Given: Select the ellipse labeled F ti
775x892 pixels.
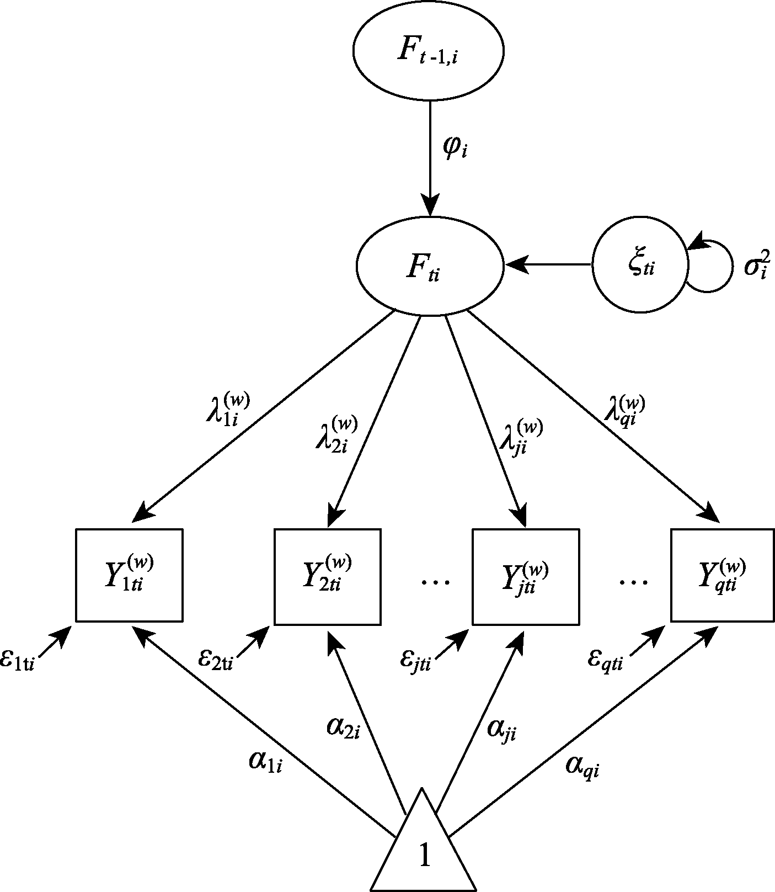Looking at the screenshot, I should tap(430, 268).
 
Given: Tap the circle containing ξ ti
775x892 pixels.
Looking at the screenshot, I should tap(640, 264).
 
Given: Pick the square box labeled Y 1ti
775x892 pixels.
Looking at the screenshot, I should tap(129, 575).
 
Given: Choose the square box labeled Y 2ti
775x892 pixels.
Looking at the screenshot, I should tap(328, 577).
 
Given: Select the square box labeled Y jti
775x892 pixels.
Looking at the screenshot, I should tap(525, 577).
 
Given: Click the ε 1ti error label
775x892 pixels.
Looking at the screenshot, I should tap(18, 661).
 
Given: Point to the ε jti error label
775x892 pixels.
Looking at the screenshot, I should tap(416, 661).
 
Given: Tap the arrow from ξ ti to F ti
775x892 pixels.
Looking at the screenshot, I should tap(548, 265).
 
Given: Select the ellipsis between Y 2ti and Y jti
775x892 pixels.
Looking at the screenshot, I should tap(436, 581).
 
